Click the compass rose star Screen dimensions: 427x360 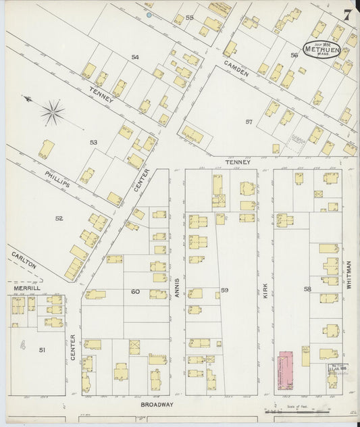point(53,112)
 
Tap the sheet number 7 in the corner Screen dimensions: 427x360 point(346,16)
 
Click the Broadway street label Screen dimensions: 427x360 point(157,404)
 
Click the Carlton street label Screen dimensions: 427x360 point(24,261)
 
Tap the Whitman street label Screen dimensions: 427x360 point(349,276)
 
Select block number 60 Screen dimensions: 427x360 point(135,292)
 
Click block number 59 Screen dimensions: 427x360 point(224,291)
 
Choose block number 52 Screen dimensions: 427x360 point(59,218)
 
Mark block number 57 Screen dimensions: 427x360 point(249,122)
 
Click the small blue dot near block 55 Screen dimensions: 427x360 point(149,14)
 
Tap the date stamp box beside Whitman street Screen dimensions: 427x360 point(337,368)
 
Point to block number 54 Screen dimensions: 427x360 point(135,57)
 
